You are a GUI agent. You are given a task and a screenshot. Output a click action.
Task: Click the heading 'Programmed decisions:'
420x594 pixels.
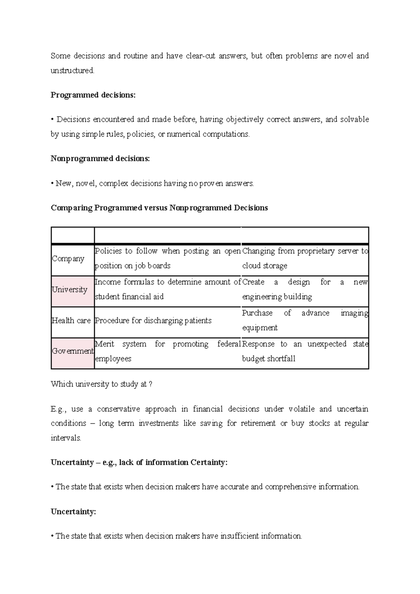93,95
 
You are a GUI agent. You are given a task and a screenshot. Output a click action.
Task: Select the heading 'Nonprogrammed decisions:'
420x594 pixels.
100,159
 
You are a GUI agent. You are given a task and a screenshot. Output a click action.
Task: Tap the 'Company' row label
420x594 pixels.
68,259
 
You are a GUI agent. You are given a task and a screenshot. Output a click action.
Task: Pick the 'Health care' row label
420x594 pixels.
71,320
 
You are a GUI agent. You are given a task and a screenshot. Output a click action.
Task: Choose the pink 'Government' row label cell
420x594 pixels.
72,351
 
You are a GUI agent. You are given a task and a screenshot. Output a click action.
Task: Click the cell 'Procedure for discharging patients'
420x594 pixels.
153,320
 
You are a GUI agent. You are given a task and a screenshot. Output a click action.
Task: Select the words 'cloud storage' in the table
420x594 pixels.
265,266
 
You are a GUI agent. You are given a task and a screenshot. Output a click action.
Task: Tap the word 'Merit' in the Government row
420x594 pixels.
105,344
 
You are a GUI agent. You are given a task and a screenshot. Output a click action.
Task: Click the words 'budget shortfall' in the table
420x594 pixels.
269,359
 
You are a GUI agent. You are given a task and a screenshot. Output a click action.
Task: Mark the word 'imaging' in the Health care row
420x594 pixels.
355,313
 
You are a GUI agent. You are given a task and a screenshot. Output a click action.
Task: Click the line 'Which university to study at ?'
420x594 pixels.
101,384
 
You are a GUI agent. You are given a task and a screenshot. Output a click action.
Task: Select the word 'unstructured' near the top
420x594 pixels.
72,71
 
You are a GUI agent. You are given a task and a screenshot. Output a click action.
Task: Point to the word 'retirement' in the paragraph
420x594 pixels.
258,423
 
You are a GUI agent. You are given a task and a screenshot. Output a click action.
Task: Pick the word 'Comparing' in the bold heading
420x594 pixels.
72,208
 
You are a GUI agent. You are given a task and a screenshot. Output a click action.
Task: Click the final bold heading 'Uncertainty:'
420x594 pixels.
73,512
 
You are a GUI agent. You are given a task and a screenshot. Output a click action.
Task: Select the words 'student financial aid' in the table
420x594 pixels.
129,297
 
